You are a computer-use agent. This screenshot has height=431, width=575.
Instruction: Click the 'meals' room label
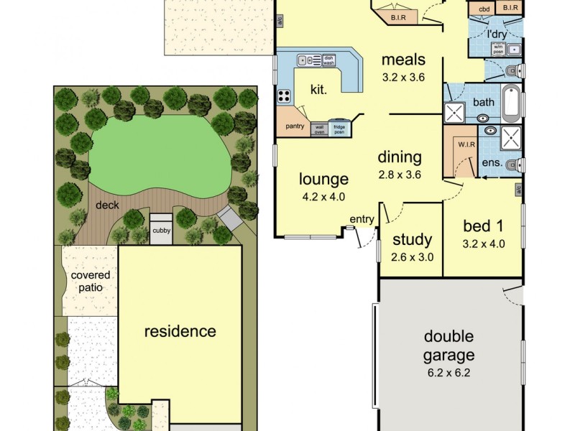point(403,59)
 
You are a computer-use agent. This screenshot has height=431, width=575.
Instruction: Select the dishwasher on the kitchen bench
point(328,61)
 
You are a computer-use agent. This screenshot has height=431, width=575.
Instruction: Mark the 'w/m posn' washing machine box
point(497,49)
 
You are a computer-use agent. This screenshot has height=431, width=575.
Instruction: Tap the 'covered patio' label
point(90,281)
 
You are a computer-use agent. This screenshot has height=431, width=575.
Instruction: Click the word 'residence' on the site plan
point(180,331)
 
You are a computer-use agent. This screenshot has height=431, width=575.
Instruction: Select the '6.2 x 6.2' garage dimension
point(448,372)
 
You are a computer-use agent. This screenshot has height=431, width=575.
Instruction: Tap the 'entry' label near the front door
point(362,219)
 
